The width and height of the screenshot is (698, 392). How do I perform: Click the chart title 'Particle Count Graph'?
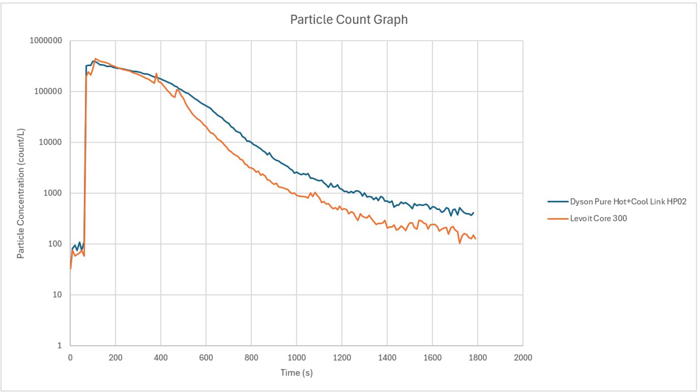(x=349, y=19)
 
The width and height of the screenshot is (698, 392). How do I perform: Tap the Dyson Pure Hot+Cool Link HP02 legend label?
(x=628, y=202)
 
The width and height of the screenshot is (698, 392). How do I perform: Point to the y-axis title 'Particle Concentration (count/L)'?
(x=21, y=193)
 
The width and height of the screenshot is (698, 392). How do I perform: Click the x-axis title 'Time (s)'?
(x=296, y=373)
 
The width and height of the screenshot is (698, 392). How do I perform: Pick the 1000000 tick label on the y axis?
(x=46, y=41)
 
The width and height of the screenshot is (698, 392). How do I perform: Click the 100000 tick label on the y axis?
(x=48, y=92)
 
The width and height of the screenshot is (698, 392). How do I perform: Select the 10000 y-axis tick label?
(x=50, y=142)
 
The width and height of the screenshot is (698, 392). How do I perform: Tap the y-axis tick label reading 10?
(x=57, y=295)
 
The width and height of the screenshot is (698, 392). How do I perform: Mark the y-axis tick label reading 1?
(x=60, y=346)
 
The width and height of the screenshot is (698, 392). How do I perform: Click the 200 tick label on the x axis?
(x=115, y=358)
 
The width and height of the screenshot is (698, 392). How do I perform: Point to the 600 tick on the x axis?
(x=206, y=358)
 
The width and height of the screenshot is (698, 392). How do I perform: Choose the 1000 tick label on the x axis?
(x=296, y=358)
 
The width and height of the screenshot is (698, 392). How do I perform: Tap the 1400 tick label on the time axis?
(x=387, y=358)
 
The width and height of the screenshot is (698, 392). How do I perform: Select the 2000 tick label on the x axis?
(x=523, y=358)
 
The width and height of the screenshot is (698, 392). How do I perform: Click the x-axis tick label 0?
(x=70, y=358)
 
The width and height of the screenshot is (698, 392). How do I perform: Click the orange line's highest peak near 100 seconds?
(x=95, y=58)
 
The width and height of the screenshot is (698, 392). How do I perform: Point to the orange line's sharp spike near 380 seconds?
(x=156, y=73)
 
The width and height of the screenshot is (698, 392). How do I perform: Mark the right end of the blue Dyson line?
(x=473, y=213)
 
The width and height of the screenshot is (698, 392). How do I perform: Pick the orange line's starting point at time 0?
(x=71, y=269)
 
